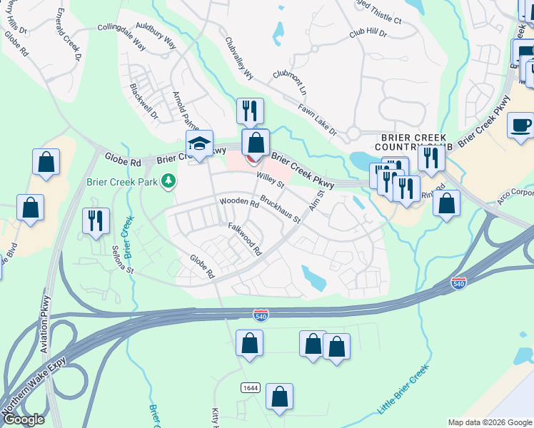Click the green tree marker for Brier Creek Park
pyautogui.click(x=168, y=181)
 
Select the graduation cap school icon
pyautogui.click(x=200, y=143)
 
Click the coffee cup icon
pyautogui.click(x=520, y=125)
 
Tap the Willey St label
pyautogui.click(x=271, y=183)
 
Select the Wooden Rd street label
pyautogui.click(x=239, y=203)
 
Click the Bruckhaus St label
pyautogui.click(x=280, y=209)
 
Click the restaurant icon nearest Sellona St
pyautogui.click(x=96, y=221)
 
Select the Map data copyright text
pyautogui.click(x=490, y=422)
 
